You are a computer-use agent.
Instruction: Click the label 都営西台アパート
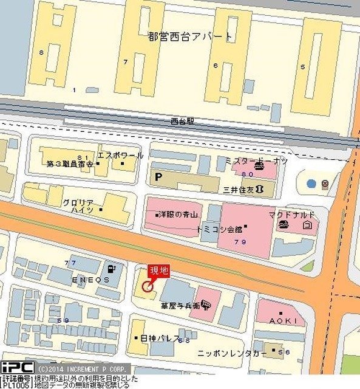(190, 36)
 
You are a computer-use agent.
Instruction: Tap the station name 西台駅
(183, 122)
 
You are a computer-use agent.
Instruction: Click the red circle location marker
(147, 286)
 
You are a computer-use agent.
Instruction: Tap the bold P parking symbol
(160, 177)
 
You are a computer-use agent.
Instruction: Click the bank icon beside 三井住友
(260, 189)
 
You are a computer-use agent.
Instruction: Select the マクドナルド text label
(292, 215)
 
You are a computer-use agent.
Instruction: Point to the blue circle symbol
(311, 182)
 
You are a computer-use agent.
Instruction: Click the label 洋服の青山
(179, 215)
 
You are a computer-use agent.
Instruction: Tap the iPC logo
(17, 368)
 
